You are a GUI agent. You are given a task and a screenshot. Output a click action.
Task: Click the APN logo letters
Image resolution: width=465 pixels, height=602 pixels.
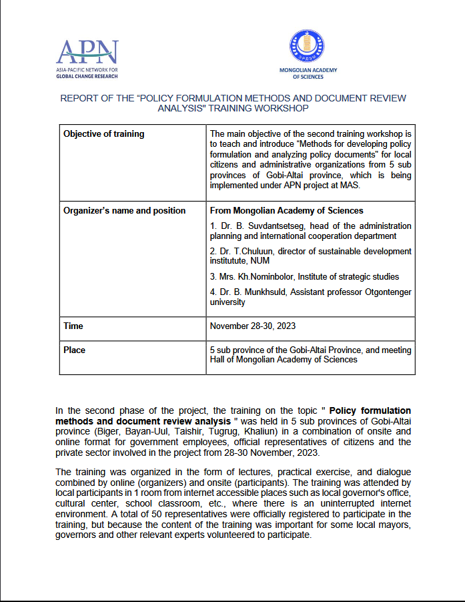click(x=87, y=51)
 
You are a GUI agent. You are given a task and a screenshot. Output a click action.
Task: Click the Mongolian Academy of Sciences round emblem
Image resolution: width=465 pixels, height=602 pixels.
click(x=308, y=47)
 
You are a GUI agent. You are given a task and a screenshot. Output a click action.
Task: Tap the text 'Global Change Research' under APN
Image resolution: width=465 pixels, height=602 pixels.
click(x=87, y=76)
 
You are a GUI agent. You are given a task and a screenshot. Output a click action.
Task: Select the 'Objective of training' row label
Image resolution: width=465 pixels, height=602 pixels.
click(x=103, y=134)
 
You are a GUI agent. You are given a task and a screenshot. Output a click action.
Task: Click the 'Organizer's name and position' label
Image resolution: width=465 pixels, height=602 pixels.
click(x=124, y=211)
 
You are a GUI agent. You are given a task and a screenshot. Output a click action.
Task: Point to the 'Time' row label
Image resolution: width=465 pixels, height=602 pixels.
click(x=73, y=326)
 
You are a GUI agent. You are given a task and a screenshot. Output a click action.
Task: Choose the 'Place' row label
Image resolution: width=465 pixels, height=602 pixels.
click(x=74, y=350)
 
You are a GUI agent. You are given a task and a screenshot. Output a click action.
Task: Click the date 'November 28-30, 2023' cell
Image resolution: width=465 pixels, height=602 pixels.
click(x=252, y=326)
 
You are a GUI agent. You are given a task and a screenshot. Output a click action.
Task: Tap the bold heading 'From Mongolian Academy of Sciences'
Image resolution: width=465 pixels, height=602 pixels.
click(x=286, y=211)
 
